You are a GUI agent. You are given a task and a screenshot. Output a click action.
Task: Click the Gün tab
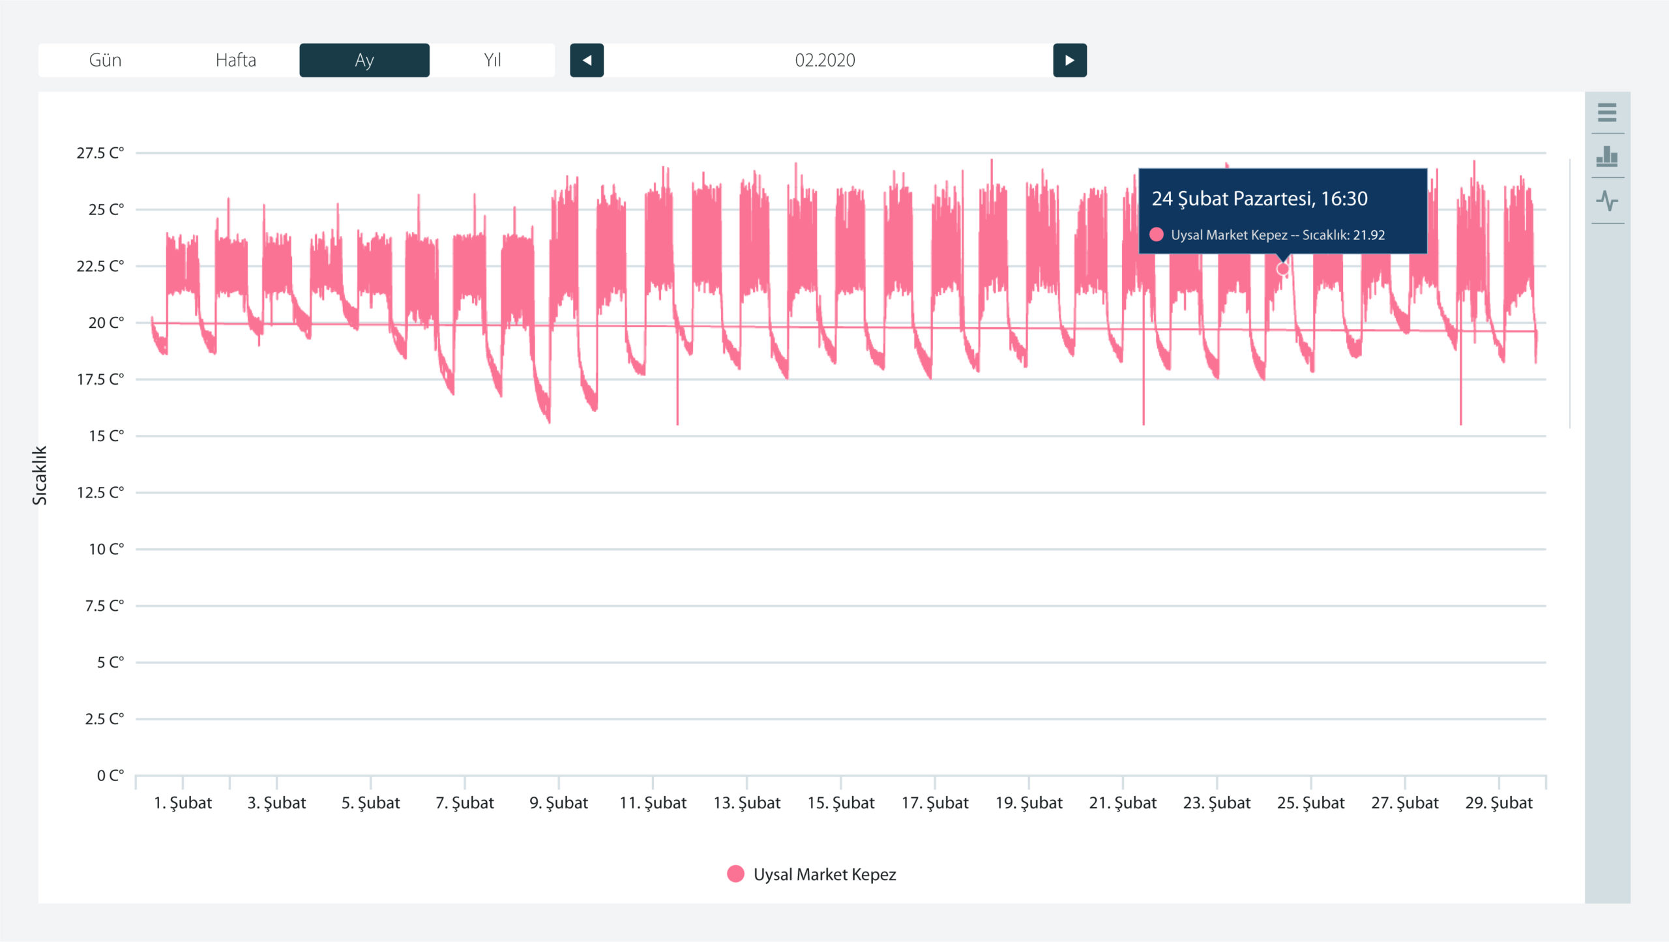coord(104,60)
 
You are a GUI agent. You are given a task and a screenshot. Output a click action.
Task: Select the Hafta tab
coord(235,60)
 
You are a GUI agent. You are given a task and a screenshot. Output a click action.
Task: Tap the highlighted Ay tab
coord(364,60)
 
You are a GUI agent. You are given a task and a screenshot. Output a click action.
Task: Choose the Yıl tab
coord(492,60)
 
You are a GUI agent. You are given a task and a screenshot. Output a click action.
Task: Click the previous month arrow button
coord(587,60)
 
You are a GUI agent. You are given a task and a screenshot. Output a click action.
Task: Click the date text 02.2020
coord(825,60)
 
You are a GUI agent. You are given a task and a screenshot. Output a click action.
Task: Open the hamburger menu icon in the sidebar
coord(1607,112)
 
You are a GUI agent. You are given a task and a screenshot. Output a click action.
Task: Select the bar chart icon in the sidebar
coord(1607,156)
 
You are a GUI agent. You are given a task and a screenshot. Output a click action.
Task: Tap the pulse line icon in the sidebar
coord(1607,201)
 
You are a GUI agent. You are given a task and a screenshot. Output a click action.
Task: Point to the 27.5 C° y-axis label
coord(100,153)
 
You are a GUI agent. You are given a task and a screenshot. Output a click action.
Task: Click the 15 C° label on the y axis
coord(106,436)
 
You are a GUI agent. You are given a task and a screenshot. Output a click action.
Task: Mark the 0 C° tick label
coord(110,776)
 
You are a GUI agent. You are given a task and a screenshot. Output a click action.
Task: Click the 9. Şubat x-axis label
coord(559,803)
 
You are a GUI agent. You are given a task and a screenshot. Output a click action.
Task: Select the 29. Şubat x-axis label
coord(1499,803)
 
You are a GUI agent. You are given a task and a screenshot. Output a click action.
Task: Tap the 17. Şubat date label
coord(935,803)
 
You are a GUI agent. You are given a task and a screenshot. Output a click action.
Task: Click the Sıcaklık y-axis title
coord(40,475)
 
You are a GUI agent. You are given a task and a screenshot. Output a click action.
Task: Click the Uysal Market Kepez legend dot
coord(735,874)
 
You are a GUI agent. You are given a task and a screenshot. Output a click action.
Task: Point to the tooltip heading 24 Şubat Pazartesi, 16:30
coord(1260,199)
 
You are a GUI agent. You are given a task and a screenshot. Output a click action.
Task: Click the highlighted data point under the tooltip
coord(1282,269)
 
